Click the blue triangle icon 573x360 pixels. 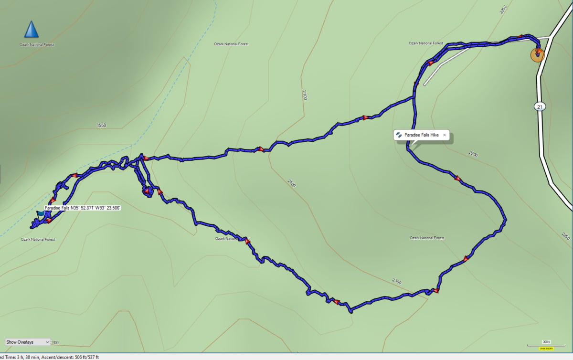(x=32, y=30)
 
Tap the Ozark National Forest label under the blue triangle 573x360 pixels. (x=37, y=45)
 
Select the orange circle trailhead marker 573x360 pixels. (x=538, y=54)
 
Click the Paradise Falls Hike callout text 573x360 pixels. (x=421, y=135)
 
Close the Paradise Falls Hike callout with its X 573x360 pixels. (x=445, y=135)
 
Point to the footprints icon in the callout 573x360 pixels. (x=399, y=135)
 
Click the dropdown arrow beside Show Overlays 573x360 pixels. (x=46, y=342)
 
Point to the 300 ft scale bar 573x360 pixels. (x=546, y=344)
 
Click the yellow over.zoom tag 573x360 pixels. (x=546, y=349)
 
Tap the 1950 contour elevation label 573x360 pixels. (x=101, y=126)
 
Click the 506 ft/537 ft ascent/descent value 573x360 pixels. (x=85, y=357)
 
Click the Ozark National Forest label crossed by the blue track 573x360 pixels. (x=232, y=238)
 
